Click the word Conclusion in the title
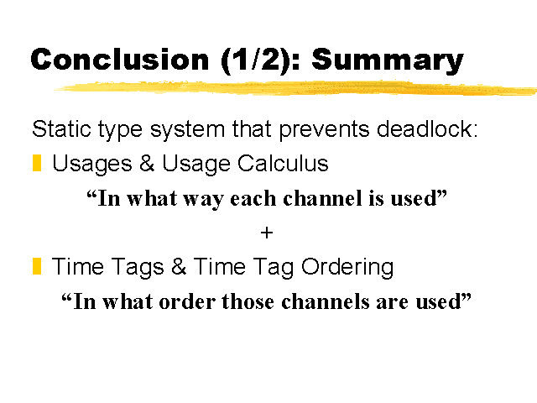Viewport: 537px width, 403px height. (x=119, y=60)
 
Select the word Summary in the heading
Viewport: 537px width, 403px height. (x=388, y=62)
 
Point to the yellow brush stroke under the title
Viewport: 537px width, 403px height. (x=295, y=88)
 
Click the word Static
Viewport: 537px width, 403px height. (x=61, y=129)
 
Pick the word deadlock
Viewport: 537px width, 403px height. (x=427, y=128)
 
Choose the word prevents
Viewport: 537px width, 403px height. (x=325, y=131)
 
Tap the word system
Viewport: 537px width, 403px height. (x=187, y=131)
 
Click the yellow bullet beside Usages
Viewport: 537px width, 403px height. (x=37, y=163)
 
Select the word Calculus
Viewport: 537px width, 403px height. (x=283, y=163)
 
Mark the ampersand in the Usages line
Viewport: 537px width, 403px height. (x=147, y=163)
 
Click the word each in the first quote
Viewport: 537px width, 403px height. (x=253, y=198)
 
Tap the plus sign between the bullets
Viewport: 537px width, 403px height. (x=267, y=233)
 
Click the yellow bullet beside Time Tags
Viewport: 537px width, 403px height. (x=37, y=266)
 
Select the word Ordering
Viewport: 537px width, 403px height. (x=347, y=268)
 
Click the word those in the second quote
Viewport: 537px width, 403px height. (x=248, y=301)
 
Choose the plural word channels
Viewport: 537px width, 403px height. (x=326, y=301)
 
